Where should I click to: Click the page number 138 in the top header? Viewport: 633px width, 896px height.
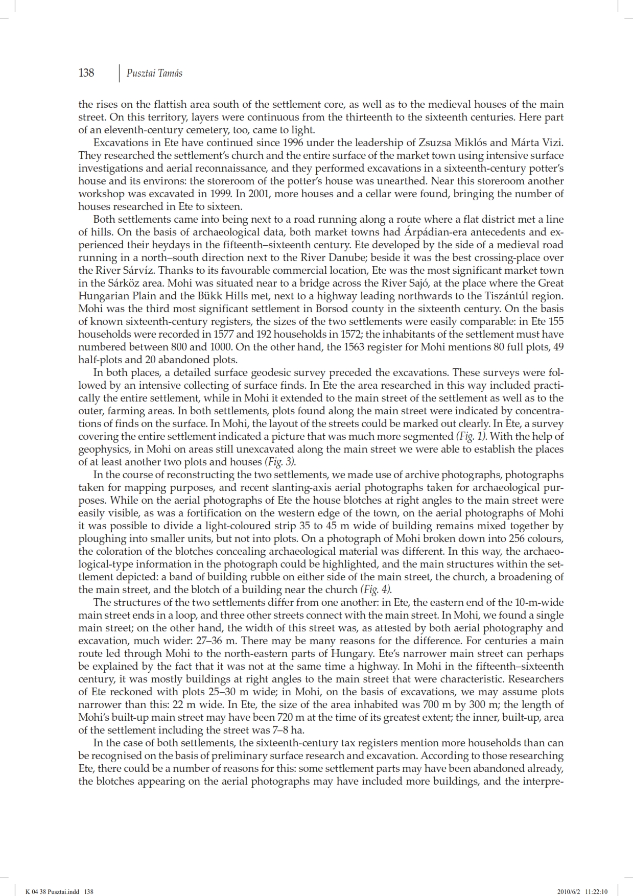click(x=86, y=73)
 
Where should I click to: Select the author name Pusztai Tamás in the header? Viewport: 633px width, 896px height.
click(x=154, y=74)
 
